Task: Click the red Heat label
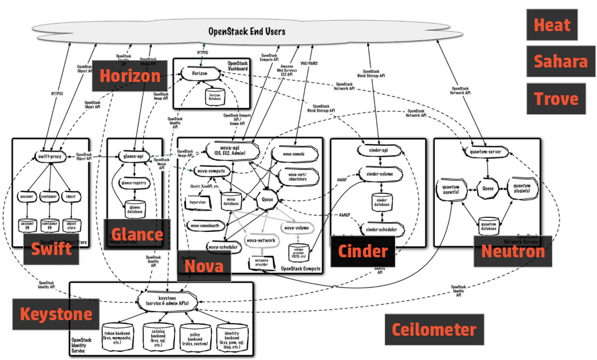551,25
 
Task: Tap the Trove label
551,98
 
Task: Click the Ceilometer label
434,329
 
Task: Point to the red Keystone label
56,314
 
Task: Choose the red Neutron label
512,251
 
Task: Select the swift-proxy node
51,156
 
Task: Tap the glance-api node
134,156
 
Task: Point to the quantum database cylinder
488,224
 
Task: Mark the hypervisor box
198,202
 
